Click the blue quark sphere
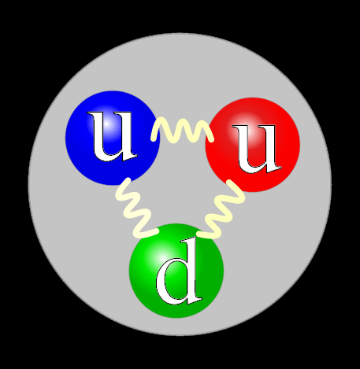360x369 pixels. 113,138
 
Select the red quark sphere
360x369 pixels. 253,145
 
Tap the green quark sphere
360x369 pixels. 176,271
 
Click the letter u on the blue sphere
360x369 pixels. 113,136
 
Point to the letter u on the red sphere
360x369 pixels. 257,149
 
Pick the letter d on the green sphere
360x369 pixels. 179,271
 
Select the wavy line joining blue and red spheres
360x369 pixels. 183,130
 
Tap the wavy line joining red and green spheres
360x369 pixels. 222,209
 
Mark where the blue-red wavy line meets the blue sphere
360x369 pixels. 153,138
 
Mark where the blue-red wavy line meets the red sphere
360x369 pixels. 211,139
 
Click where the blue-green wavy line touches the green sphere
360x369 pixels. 156,231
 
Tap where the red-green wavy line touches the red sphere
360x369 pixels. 229,182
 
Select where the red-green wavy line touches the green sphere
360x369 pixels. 199,234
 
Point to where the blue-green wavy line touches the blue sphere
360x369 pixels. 128,180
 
